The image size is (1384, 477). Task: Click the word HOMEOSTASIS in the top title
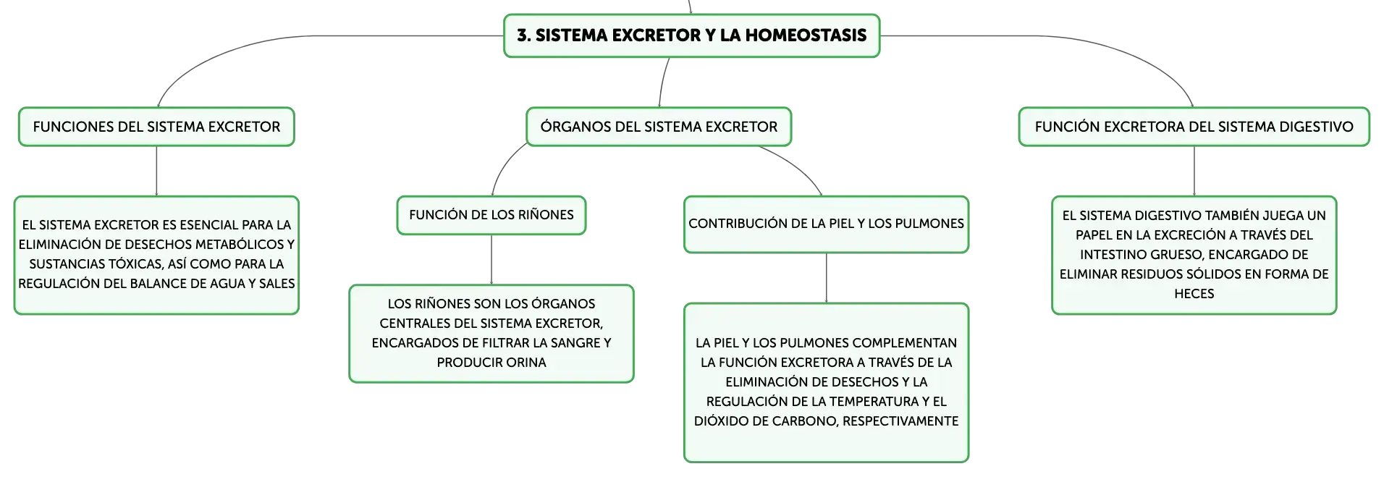pyautogui.click(x=806, y=35)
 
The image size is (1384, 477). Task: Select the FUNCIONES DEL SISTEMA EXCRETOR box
pyautogui.click(x=156, y=127)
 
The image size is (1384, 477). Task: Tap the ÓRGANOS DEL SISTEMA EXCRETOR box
pyautogui.click(x=659, y=127)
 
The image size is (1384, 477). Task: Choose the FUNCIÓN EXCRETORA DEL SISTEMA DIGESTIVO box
pyautogui.click(x=1194, y=127)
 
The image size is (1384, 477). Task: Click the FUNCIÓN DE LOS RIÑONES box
pyautogui.click(x=491, y=215)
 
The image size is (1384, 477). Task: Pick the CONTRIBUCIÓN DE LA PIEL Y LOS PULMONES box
pyautogui.click(x=827, y=224)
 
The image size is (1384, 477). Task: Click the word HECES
pyautogui.click(x=1194, y=294)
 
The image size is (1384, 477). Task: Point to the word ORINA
pyautogui.click(x=528, y=363)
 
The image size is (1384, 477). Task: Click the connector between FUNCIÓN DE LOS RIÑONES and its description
pyautogui.click(x=491, y=260)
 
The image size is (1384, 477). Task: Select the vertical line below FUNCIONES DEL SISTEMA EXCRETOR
pyautogui.click(x=156, y=172)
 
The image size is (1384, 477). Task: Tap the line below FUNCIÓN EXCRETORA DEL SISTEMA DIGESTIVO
pyautogui.click(x=1194, y=172)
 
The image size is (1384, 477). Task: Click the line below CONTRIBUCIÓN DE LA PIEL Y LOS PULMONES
pyautogui.click(x=827, y=279)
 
